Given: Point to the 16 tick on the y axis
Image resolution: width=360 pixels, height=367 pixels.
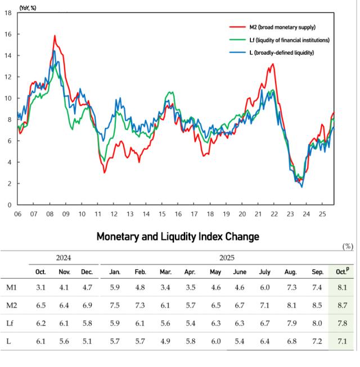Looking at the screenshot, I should (8, 34).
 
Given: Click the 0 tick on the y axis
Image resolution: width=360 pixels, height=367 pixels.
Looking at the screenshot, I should (10, 205).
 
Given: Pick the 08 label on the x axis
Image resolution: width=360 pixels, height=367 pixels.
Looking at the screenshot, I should (49, 214).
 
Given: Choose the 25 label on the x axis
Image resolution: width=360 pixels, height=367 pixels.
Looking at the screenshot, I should (322, 214).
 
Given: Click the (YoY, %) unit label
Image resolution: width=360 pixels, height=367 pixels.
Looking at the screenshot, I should (28, 8).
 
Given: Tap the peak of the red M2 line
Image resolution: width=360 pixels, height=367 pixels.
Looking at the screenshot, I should (55, 36).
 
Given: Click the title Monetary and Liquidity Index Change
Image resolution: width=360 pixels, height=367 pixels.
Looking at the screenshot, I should (178, 236).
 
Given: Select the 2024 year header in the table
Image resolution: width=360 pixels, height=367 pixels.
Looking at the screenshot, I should (63, 258).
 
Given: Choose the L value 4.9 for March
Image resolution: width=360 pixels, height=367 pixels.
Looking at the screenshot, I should (165, 341).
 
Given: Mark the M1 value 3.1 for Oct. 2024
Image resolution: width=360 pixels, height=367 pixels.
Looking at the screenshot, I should (40, 287).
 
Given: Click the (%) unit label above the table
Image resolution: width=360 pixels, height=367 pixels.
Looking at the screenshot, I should (348, 247).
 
